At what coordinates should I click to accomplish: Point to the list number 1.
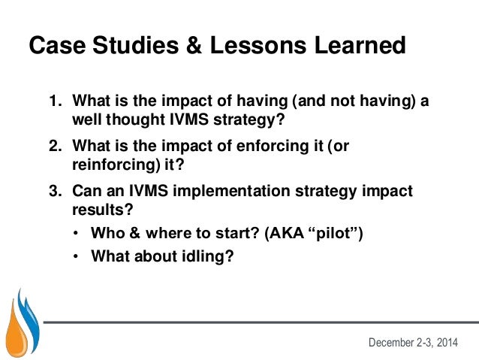55,101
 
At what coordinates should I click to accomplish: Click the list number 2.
55,147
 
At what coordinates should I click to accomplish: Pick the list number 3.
55,191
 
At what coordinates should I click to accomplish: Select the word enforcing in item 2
250,147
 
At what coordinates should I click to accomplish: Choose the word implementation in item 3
218,191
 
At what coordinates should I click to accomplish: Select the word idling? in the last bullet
205,256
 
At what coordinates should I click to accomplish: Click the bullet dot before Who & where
76,234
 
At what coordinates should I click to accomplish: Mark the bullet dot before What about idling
76,256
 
